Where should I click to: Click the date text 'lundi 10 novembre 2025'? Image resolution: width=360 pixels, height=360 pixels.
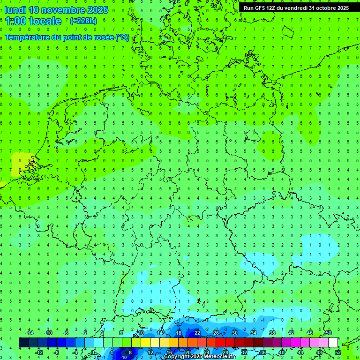[x=56, y=10]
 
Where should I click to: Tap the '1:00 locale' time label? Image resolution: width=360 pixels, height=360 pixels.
[x=33, y=21]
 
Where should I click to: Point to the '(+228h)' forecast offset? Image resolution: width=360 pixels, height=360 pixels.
[x=83, y=21]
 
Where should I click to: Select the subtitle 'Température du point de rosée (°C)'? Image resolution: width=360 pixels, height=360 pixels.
[x=67, y=37]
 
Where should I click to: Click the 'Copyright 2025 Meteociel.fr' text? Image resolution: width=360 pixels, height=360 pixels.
[x=199, y=357]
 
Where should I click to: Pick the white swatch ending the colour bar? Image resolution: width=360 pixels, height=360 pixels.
[x=333, y=343]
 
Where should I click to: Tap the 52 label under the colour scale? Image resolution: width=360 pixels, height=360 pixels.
[x=338, y=352]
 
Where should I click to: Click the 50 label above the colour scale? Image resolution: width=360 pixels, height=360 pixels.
[x=329, y=333]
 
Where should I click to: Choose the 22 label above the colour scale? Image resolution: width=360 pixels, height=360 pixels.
[x=197, y=333]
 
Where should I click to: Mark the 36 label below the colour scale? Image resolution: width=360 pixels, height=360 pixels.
[x=263, y=352]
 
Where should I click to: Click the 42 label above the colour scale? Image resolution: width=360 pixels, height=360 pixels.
[x=291, y=333]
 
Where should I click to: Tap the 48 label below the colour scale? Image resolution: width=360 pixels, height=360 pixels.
[x=319, y=352]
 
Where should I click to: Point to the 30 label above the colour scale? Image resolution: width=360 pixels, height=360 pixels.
[x=235, y=333]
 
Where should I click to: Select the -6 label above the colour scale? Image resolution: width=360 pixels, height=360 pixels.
[x=66, y=333]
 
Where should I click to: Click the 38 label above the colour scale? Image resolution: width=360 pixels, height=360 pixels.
[x=272, y=333]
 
